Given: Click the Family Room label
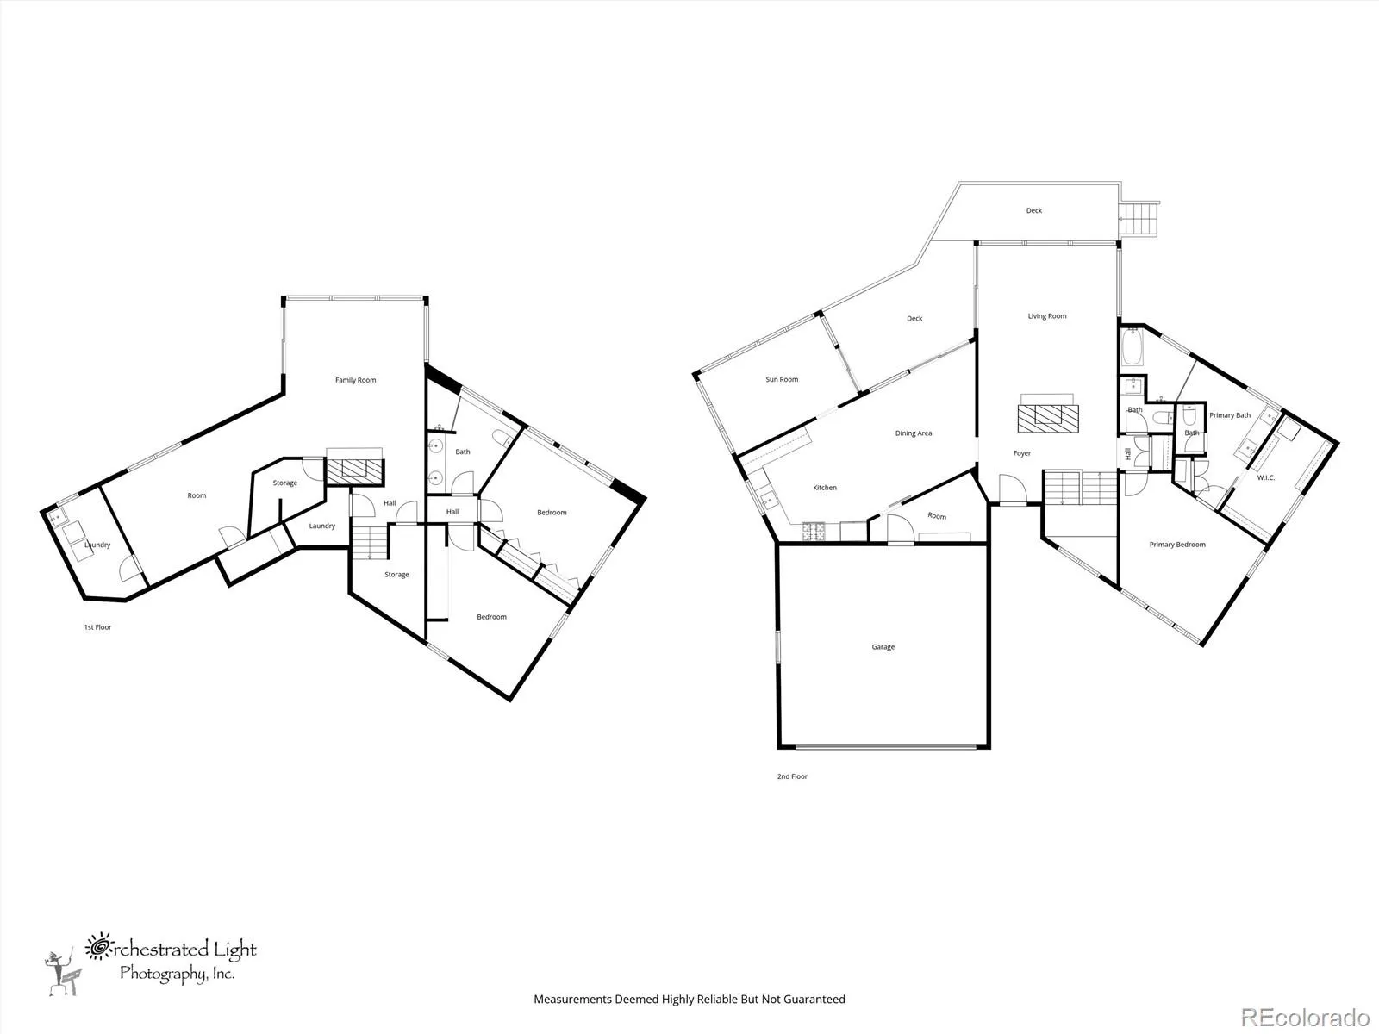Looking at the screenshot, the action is point(356,380).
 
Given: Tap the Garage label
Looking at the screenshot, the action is point(883,646).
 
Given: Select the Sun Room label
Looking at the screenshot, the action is point(782,379).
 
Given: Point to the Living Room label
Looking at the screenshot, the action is point(1046,315).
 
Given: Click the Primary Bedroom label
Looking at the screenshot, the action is point(1177,545).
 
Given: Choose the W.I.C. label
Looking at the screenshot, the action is point(1265,477).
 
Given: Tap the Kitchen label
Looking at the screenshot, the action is point(825,487).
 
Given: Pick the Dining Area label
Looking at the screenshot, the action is point(914,433).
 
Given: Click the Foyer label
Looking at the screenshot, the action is point(1022,452).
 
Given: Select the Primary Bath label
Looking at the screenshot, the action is point(1230,415).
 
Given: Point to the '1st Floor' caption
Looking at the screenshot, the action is point(98,627).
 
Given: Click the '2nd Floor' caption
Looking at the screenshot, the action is point(792,776).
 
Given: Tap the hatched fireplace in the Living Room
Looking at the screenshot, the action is point(1048,418).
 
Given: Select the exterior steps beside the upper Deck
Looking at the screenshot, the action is point(1139,219).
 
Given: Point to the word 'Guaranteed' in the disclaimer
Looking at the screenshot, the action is point(814,1000).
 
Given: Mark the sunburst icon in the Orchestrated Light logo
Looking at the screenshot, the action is point(98,947).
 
